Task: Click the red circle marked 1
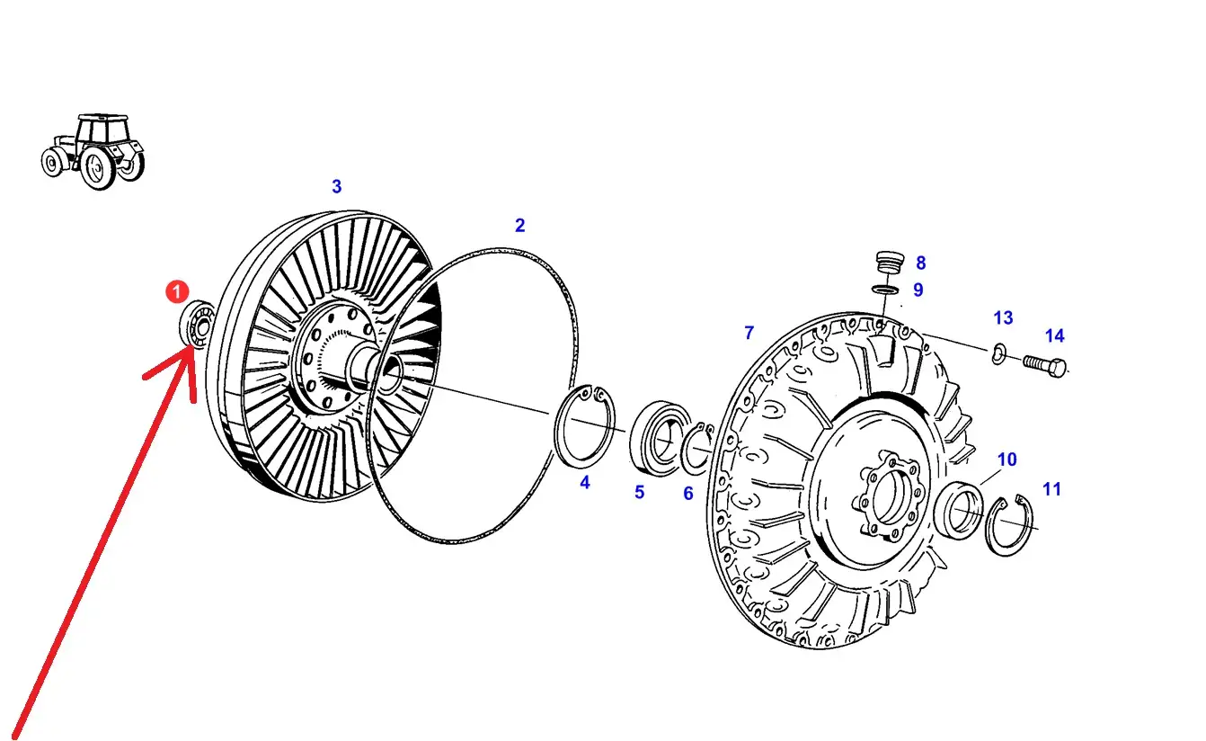(177, 291)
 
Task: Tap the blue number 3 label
(336, 186)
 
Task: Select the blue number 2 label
(519, 225)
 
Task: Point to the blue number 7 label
(749, 333)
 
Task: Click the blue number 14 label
(1055, 335)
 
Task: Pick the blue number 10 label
(1006, 460)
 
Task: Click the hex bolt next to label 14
(1044, 367)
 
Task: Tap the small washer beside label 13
(998, 353)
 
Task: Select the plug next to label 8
(890, 263)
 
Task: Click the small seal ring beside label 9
(884, 290)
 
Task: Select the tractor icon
(93, 151)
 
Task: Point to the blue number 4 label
(585, 482)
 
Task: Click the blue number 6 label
(688, 493)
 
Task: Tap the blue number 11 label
(1052, 489)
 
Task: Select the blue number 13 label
(1003, 318)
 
